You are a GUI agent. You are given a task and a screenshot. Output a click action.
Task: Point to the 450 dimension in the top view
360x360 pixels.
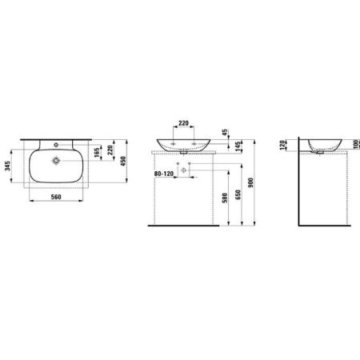pyautogui.click(x=123, y=160)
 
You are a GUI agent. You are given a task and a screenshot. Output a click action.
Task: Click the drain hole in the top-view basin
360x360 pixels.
pyautogui.click(x=55, y=160)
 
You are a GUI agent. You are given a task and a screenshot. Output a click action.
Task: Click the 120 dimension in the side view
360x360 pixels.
pyautogui.click(x=283, y=146)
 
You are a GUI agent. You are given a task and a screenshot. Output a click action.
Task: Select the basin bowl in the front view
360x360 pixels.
pyautogui.click(x=183, y=144)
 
